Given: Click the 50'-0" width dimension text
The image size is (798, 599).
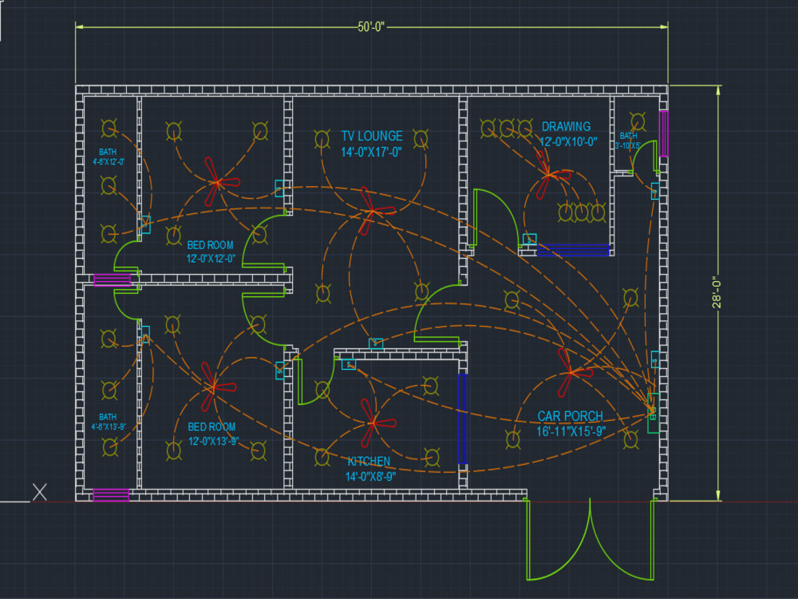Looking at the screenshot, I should pos(371,26).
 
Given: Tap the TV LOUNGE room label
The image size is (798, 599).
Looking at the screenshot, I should pos(372,137).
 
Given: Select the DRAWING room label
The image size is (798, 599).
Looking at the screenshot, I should pos(566,127).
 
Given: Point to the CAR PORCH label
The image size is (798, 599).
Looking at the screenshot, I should pos(570,417).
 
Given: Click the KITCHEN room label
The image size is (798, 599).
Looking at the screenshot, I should pos(369,462).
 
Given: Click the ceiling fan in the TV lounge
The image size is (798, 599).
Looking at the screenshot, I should pos(369,210).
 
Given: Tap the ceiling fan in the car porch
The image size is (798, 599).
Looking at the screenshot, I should pos(571,371).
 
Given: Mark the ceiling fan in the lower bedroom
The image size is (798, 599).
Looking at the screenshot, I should pos(212,387).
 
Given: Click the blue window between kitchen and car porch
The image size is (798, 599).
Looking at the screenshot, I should pos(462,419).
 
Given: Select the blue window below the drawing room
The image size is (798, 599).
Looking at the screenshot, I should pos(573,251).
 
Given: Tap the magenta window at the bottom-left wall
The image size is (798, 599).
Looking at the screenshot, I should pos(111,494).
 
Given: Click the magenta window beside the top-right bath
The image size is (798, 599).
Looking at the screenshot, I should pos(663,133).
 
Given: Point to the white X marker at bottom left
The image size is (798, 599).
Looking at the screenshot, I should pos(39,493).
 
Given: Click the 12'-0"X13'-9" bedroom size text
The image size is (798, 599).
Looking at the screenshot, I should pos(211,441).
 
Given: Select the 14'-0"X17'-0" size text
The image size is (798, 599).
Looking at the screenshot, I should pos(372,152).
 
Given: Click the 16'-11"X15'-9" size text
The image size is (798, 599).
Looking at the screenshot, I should pos(571,432).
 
